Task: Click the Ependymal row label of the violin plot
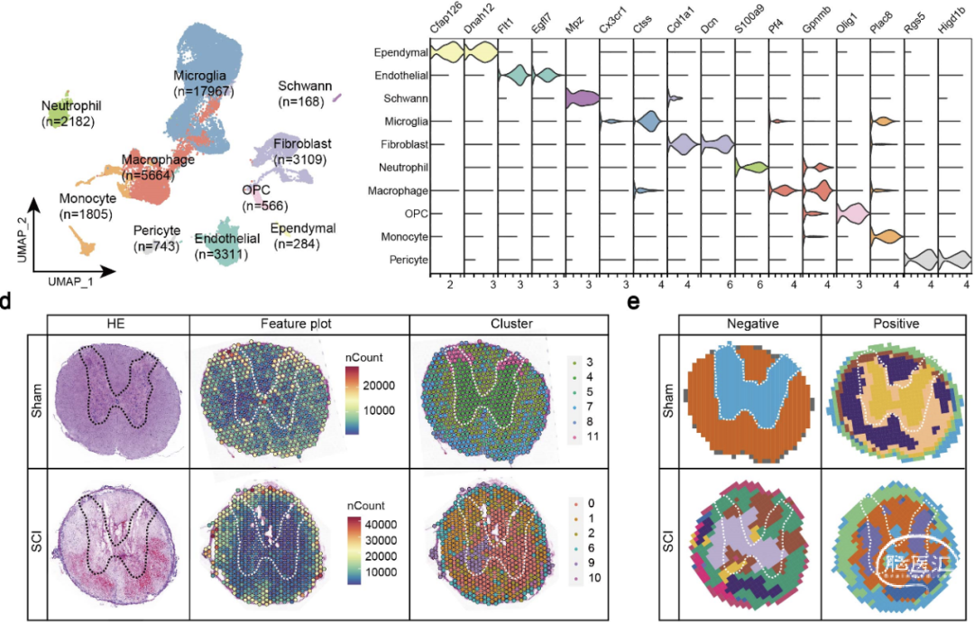[401, 53]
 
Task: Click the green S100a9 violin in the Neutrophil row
[750, 167]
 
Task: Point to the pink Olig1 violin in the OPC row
[851, 214]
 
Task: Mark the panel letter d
[6, 302]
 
